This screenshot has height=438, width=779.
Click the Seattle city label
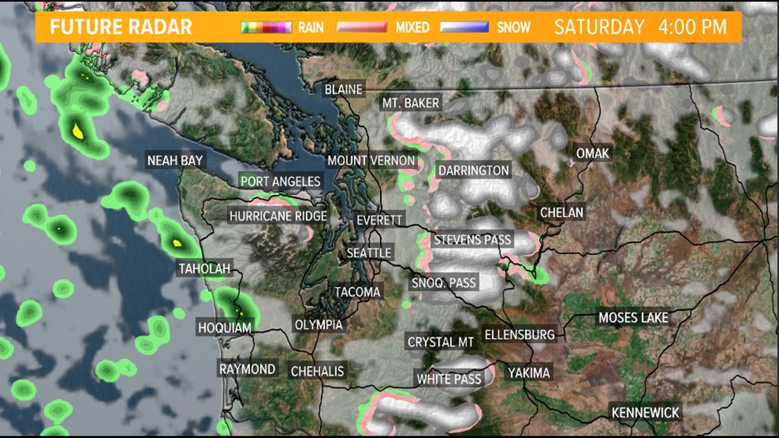pyautogui.click(x=369, y=253)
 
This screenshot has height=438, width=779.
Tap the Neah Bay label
pyautogui.click(x=175, y=161)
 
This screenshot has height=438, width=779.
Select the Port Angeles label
pyautogui.click(x=280, y=181)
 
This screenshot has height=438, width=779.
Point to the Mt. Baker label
pyautogui.click(x=411, y=103)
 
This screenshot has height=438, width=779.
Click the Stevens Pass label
pyautogui.click(x=472, y=240)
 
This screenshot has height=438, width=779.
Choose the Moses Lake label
pyautogui.click(x=633, y=318)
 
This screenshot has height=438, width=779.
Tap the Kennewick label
pyautogui.click(x=645, y=412)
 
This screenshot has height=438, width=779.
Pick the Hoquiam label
pyautogui.click(x=225, y=327)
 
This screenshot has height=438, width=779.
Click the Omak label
pyautogui.click(x=593, y=153)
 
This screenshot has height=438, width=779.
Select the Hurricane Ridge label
pyautogui.click(x=278, y=216)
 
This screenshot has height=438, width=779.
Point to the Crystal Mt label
pyautogui.click(x=441, y=342)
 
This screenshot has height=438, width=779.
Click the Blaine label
pyautogui.click(x=343, y=89)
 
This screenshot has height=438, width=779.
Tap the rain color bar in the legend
pyautogui.click(x=266, y=27)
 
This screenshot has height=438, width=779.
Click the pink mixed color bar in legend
pyautogui.click(x=362, y=27)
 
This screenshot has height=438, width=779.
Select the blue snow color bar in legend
pyautogui.click(x=464, y=27)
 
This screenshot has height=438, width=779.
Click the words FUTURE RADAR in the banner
pyautogui.click(x=121, y=27)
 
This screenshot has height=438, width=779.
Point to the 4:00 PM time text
pyautogui.click(x=692, y=27)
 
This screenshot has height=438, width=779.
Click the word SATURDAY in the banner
pyautogui.click(x=599, y=27)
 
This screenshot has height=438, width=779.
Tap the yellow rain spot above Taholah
pyautogui.click(x=176, y=243)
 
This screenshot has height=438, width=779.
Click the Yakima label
pyautogui.click(x=529, y=372)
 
